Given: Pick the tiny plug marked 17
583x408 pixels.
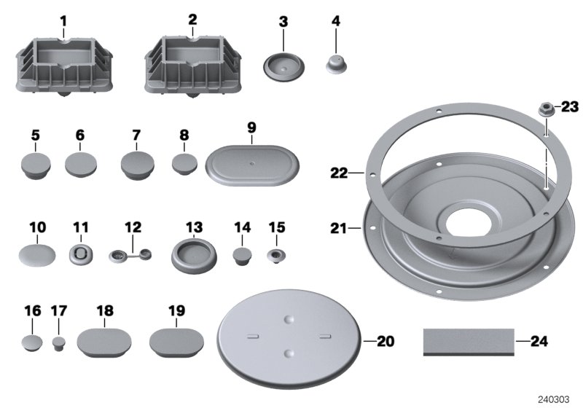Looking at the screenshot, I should click(59, 342).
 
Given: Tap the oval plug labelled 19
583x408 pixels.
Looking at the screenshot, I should click(177, 341).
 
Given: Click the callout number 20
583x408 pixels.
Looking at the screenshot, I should click(385, 340).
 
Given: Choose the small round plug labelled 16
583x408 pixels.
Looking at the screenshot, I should click(31, 342).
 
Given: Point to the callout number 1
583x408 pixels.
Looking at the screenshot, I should click(63, 22).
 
